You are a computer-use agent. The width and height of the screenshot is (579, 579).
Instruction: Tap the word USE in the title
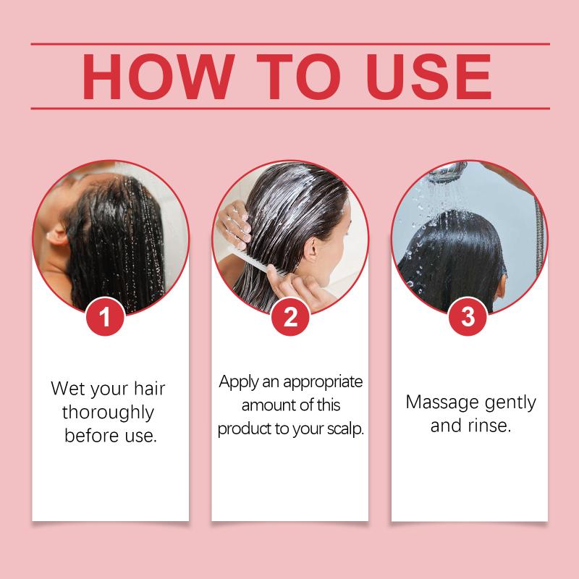pyautogui.click(x=429, y=77)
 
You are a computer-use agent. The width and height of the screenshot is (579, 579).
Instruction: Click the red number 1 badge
pyautogui.click(x=105, y=316)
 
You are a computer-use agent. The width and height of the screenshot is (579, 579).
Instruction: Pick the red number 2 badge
pyautogui.click(x=290, y=316)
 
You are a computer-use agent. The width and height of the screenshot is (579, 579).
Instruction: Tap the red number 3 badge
pyautogui.click(x=468, y=316)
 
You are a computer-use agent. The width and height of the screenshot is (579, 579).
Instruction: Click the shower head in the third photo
pyautogui.click(x=447, y=171)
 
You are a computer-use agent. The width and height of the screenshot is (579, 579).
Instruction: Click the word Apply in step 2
pyautogui.click(x=238, y=383)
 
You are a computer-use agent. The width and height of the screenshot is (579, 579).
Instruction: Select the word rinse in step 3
pyautogui.click(x=489, y=426)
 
